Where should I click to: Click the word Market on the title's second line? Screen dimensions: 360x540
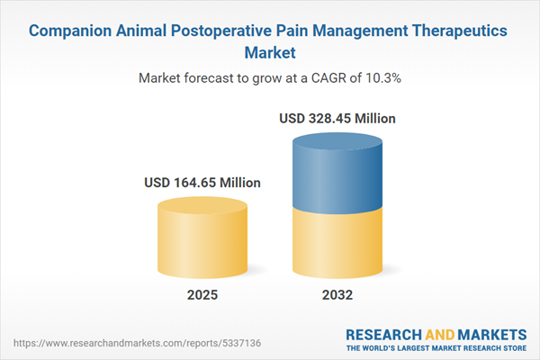point(269,53)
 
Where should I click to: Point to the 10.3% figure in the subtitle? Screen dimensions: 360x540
point(380,78)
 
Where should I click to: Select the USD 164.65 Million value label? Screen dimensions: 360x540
point(202,183)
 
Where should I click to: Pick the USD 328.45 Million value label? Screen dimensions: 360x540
point(337,118)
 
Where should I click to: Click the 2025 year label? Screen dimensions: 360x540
point(202,295)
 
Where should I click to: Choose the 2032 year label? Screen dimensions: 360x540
point(337,295)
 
